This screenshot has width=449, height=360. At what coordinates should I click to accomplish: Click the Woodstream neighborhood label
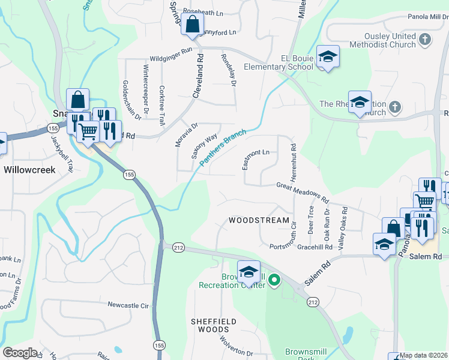[259, 220]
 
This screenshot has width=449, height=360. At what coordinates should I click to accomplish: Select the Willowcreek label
[29, 170]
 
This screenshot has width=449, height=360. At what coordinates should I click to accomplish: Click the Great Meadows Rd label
[303, 193]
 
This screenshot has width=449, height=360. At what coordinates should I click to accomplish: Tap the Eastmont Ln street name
[257, 159]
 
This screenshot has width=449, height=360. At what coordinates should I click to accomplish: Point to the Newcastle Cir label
[128, 305]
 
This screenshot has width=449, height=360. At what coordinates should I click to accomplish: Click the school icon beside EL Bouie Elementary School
[328, 57]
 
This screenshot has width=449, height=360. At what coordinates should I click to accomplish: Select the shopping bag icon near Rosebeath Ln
[192, 25]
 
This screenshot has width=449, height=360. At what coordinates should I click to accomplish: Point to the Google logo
[20, 353]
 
